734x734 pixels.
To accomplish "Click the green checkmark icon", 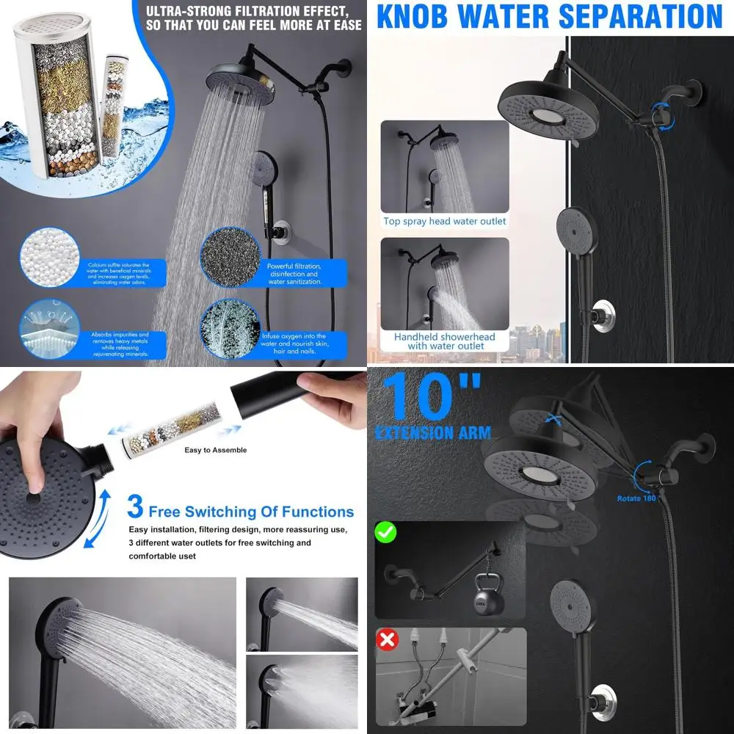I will point(386,531).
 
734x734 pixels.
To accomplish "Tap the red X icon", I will point(387,639).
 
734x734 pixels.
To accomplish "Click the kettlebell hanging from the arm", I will point(490,597).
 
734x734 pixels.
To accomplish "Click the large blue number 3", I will point(135,507).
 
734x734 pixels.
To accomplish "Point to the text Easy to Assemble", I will point(215,450).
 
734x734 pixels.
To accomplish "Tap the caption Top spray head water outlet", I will point(445,221).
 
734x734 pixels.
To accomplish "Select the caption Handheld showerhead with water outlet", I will point(446,341).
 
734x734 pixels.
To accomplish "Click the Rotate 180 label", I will point(636,498).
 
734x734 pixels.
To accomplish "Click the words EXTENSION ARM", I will point(432,433).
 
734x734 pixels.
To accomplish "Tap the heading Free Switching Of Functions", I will point(251,512).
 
